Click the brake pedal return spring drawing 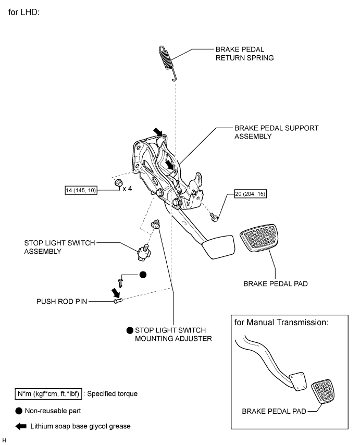(167, 61)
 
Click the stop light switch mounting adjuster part (155, 225)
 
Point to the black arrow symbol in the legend (21, 426)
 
